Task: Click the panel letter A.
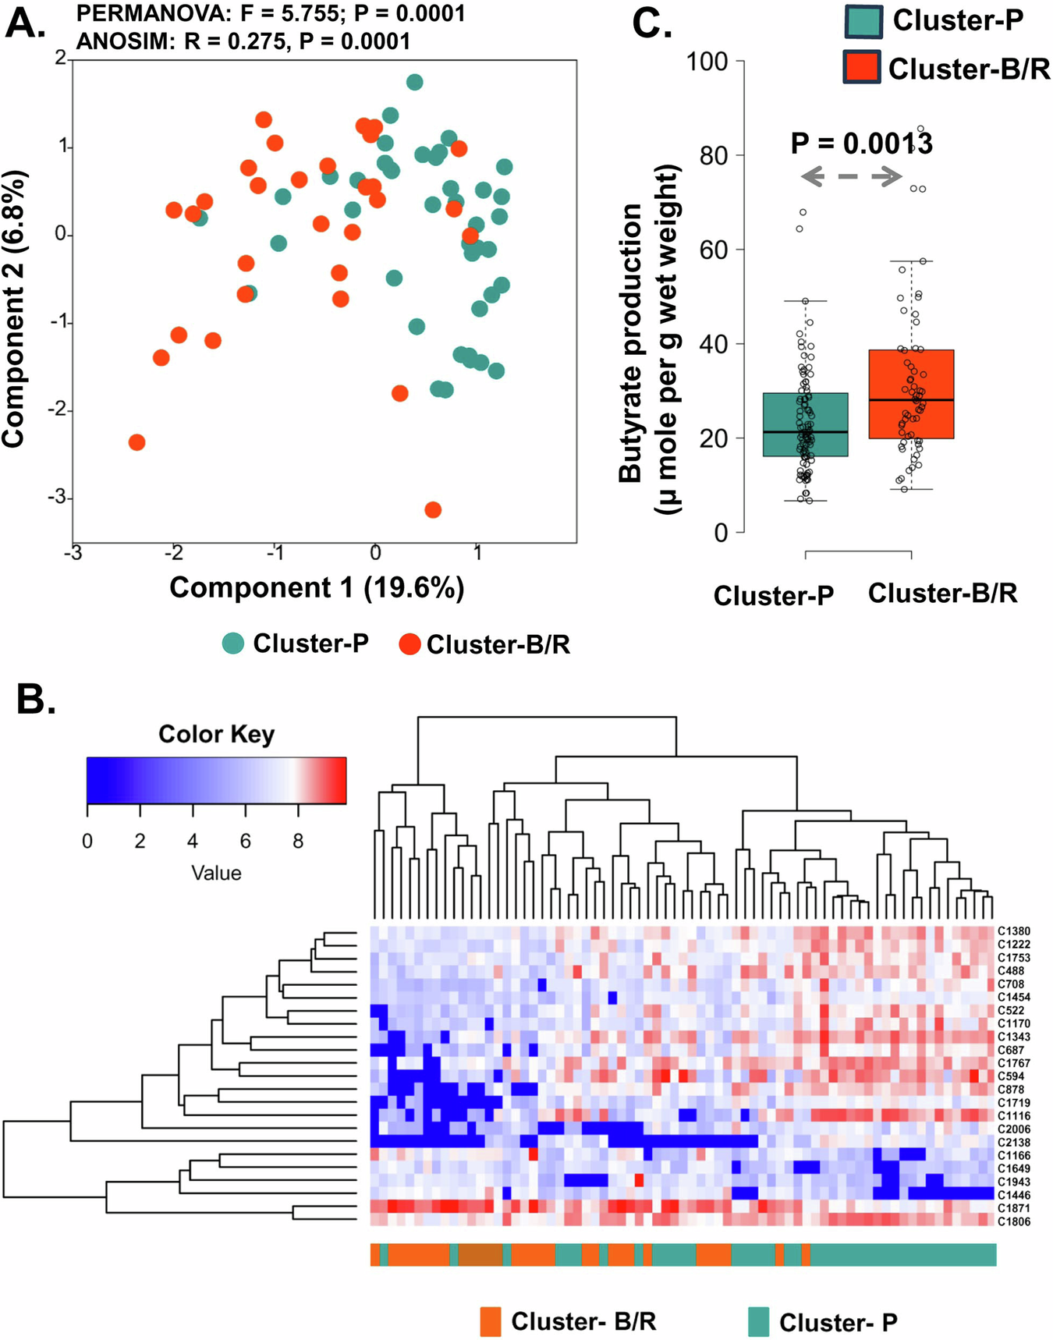[x=25, y=23]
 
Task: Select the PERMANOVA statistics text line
[x=271, y=13]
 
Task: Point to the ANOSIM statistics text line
[x=243, y=41]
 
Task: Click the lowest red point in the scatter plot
[x=433, y=509]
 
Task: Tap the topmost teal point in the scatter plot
[x=415, y=82]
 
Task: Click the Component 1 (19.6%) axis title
[x=317, y=587]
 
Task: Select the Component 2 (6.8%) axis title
[x=14, y=309]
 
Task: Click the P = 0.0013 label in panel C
[x=861, y=144]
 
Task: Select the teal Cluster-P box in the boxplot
[x=805, y=424]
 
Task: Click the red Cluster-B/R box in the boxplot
[x=911, y=394]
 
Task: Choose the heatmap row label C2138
[x=1013, y=1142]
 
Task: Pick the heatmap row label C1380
[x=1013, y=931]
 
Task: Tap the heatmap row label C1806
[x=1013, y=1221]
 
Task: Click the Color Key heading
[x=216, y=734]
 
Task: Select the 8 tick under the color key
[x=298, y=842]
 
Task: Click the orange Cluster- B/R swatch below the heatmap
[x=491, y=1321]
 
